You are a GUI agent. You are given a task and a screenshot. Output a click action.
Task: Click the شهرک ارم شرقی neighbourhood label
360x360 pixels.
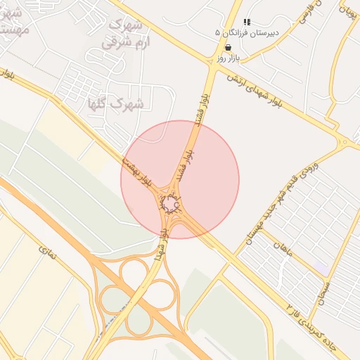click(x=122, y=33)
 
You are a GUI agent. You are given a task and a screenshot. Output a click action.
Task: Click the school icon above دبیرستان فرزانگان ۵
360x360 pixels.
click(x=247, y=22)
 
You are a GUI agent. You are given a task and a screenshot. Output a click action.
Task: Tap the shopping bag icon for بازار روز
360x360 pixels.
click(x=229, y=47)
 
